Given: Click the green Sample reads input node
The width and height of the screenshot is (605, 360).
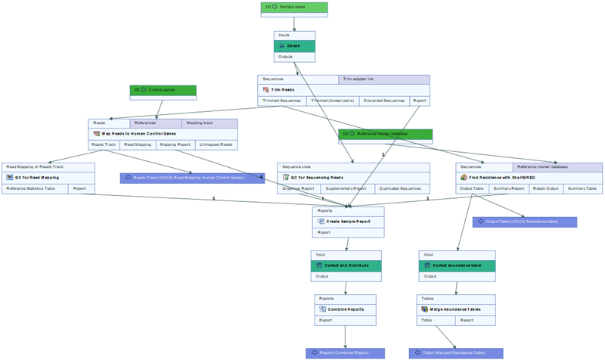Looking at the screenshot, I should tap(293, 7).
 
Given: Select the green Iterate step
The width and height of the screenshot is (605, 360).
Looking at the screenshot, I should tap(294, 46).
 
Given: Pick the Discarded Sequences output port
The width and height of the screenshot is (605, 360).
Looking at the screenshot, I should tap(383, 101).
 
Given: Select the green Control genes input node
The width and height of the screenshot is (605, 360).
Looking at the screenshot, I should tap(163, 90).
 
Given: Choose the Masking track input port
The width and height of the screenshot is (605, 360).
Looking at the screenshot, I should tap(209, 123).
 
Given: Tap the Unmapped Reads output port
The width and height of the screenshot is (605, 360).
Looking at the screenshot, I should tap(216, 144).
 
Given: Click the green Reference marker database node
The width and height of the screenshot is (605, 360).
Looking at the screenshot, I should tap(385, 134).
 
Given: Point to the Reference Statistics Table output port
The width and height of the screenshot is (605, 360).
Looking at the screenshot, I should tap(35, 189).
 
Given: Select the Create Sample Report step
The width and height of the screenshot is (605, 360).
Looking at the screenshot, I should tap(349, 222).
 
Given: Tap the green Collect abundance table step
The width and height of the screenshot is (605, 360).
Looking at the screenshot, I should tap(457, 265).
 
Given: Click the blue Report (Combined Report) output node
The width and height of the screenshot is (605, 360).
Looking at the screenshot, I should tap(345, 353).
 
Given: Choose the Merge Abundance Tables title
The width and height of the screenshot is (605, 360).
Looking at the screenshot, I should tap(456, 309).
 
